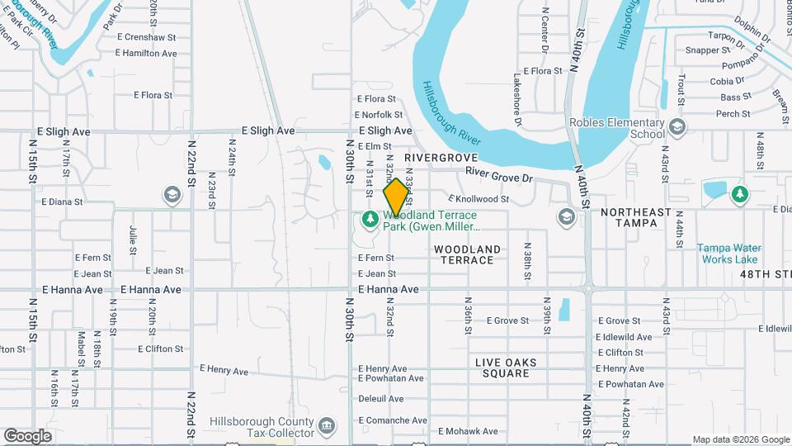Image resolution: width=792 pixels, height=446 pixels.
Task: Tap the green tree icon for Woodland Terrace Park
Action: click(x=370, y=220)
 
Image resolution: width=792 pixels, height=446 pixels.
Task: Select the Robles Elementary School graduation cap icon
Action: click(x=677, y=126)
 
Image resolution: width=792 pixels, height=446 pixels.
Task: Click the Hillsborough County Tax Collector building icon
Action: click(x=328, y=426)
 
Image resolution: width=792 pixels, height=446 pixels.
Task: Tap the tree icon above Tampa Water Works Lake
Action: click(x=740, y=194)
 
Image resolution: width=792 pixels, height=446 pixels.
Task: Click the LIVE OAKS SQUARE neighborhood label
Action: click(x=506, y=368)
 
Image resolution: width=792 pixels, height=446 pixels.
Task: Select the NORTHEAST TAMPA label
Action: click(x=636, y=218)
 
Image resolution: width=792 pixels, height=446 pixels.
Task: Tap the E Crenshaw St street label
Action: click(x=147, y=37)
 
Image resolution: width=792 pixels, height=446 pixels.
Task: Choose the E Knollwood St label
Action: click(x=478, y=199)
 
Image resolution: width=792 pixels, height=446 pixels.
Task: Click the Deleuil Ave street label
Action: click(x=381, y=398)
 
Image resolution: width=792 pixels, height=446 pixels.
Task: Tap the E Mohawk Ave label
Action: click(x=468, y=431)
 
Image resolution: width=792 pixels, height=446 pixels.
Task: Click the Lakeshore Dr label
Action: click(x=517, y=98)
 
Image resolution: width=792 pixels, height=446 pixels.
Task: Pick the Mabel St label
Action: click(x=82, y=348)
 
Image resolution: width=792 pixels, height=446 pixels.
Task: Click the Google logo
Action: click(x=27, y=435)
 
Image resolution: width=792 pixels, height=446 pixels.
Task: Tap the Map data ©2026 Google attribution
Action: click(x=740, y=439)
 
